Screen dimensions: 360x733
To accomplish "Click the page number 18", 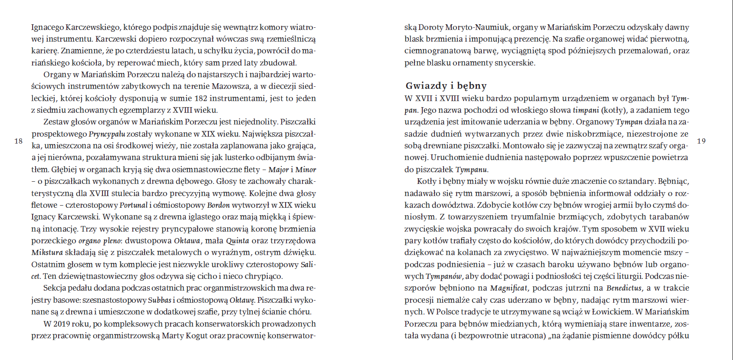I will pyautogui.click(x=18, y=141).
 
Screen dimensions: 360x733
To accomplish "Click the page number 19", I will pyautogui.click(x=701, y=141).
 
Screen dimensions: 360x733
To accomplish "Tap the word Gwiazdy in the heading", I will pyautogui.click(x=426, y=86).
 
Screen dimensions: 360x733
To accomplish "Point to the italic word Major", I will pyautogui.click(x=278, y=170).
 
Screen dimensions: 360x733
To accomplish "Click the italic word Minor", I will pyautogui.click(x=306, y=170).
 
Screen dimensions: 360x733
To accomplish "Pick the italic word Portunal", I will pyautogui.click(x=134, y=205).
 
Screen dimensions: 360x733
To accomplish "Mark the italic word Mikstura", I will pyautogui.click(x=47, y=252).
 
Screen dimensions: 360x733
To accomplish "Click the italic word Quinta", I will pyautogui.click(x=237, y=241).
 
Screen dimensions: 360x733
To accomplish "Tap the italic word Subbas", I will pyautogui.click(x=159, y=300).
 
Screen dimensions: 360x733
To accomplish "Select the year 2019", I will pyautogui.click(x=62, y=324).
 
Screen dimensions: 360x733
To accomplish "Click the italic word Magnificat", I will pyautogui.click(x=509, y=288).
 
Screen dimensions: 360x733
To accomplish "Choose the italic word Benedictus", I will pyautogui.click(x=624, y=288).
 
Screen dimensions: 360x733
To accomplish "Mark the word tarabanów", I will pyautogui.click(x=665, y=217).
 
